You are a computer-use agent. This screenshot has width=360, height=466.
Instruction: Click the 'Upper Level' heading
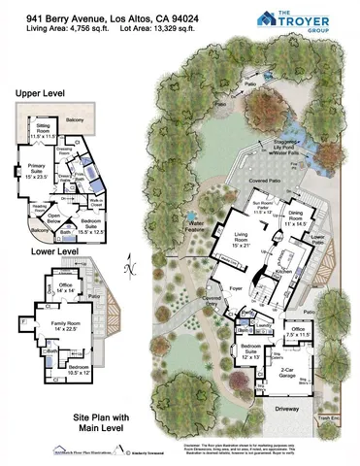[x=39, y=94]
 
